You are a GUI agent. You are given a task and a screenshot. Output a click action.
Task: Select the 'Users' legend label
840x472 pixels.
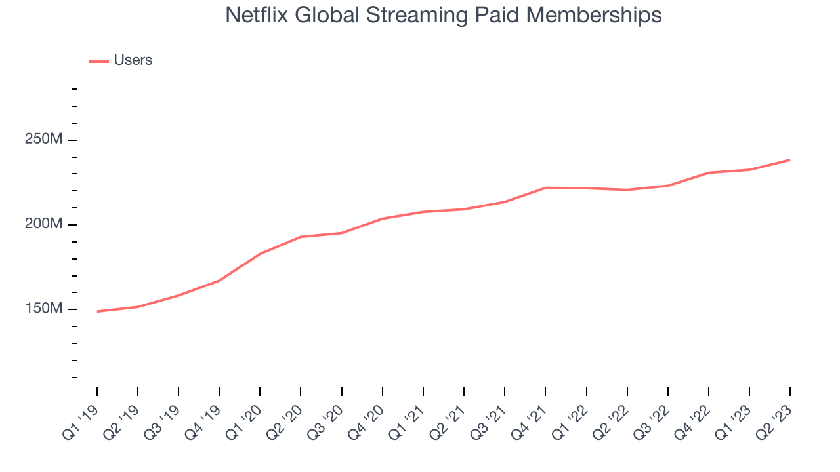click(x=133, y=60)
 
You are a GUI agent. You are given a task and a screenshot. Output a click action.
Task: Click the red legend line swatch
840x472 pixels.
click(x=98, y=62)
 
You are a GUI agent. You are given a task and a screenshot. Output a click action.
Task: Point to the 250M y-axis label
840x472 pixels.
click(x=43, y=140)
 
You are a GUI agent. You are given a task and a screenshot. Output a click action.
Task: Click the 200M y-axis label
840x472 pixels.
click(x=43, y=224)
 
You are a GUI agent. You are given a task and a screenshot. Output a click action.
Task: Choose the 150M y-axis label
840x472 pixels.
click(x=43, y=309)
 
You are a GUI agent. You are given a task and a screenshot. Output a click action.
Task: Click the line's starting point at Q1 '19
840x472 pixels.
click(x=97, y=311)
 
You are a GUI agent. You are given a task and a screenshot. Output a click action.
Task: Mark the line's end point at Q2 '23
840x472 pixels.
click(x=789, y=160)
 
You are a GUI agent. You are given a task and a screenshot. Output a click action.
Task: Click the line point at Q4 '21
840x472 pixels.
click(x=545, y=188)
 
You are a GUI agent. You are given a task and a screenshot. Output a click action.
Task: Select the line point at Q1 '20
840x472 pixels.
click(x=260, y=254)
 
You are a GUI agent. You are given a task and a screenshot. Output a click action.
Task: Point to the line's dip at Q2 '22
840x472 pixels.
click(x=627, y=190)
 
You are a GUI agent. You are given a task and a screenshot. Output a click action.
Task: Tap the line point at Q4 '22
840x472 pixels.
click(x=708, y=173)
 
